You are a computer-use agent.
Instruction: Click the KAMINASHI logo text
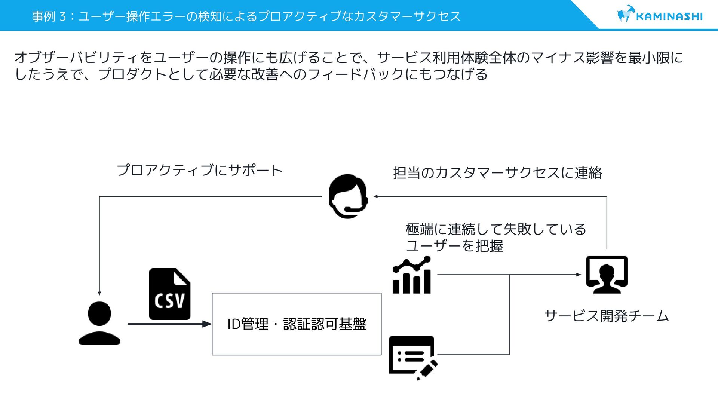point(669,16)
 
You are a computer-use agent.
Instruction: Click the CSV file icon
point(169,294)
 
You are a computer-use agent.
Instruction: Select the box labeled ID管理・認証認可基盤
point(296,324)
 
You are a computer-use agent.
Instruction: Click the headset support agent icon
point(348,196)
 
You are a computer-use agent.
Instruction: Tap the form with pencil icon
point(413,357)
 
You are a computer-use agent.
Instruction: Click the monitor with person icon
point(607,275)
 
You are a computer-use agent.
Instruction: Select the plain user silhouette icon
point(99,323)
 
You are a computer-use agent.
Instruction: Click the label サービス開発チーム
point(606,316)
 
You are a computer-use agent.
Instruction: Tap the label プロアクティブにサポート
point(200,171)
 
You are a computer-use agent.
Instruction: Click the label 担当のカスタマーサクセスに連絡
point(497,173)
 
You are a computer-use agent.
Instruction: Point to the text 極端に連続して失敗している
point(495,229)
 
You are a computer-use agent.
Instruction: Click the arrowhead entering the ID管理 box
point(207,324)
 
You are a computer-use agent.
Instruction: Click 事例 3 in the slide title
point(49,16)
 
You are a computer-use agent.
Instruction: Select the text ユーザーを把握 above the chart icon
point(454,246)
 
